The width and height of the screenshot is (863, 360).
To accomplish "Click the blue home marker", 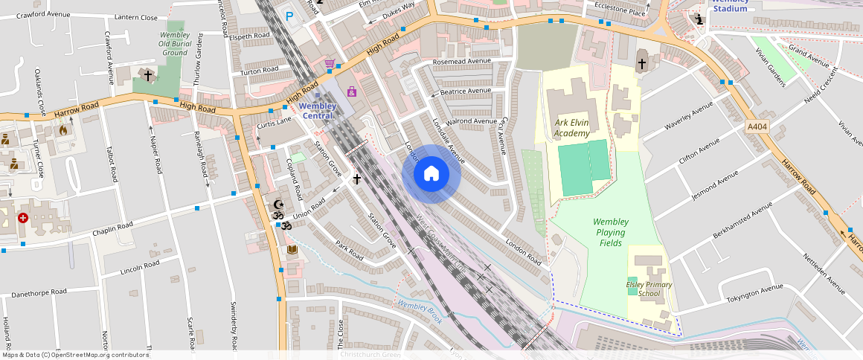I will coord(431,174).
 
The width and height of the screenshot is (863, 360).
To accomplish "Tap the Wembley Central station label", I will coord(318,110).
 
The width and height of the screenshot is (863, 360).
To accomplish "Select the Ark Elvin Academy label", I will coord(571,127).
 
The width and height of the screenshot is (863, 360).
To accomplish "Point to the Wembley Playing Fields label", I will coord(610,232).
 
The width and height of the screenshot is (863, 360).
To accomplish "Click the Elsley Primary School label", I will coord(649,289).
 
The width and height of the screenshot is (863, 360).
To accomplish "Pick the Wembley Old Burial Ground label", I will coord(175,43).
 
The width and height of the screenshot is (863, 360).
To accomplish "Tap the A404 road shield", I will coord(757,127).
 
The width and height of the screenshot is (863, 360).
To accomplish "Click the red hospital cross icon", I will coord(23,218).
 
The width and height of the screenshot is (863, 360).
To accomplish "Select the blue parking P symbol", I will coord(290,15).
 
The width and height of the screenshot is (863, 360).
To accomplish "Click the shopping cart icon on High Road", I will coord(330,64).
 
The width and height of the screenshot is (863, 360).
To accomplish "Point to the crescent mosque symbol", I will coord(279,205).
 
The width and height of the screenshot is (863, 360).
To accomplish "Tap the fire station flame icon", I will coord(63,130).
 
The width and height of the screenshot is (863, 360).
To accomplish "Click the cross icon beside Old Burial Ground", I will coord(148,75).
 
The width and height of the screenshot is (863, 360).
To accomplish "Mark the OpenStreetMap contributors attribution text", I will coord(76,355).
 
